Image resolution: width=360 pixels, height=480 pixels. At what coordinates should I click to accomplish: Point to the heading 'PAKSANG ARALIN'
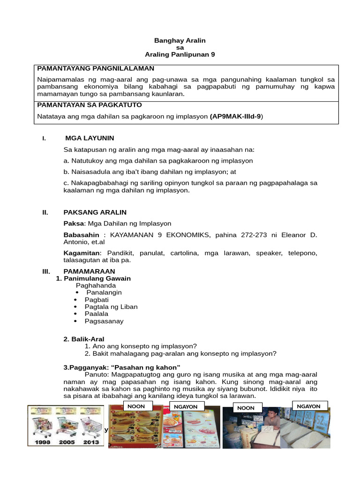95,212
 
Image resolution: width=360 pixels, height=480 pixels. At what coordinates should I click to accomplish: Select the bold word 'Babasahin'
82,234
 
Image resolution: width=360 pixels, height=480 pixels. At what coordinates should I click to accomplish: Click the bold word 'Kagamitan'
82,253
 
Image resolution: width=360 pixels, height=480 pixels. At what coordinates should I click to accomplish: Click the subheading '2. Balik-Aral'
84,339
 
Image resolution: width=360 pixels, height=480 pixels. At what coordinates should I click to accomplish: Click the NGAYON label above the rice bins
308,406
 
